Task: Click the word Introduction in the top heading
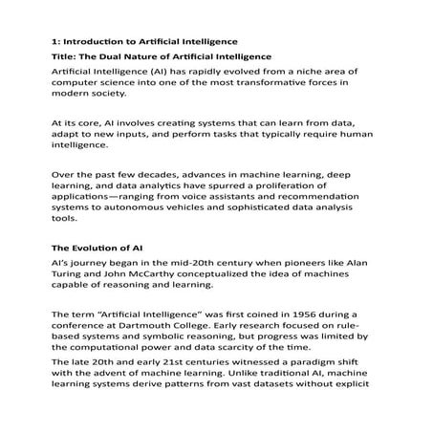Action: pyautogui.click(x=94, y=42)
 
